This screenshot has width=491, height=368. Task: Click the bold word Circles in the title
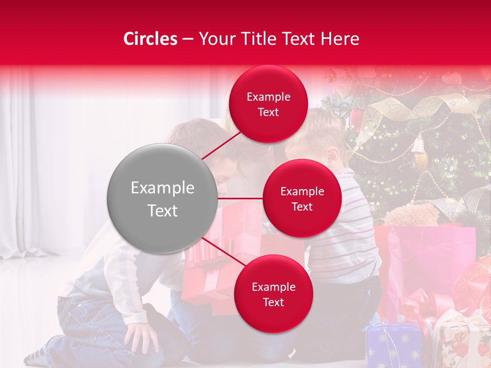(150, 39)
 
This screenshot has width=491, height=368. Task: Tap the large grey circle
(162, 199)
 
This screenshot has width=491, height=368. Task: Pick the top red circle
(268, 104)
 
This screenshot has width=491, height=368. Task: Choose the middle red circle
(302, 198)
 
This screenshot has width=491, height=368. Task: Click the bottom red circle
(273, 294)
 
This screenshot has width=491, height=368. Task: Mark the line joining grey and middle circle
(240, 198)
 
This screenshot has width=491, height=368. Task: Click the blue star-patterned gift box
(394, 344)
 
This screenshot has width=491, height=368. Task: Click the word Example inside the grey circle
(162, 188)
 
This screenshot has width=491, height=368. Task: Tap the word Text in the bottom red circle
(273, 302)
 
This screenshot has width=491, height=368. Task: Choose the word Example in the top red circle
(268, 97)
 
